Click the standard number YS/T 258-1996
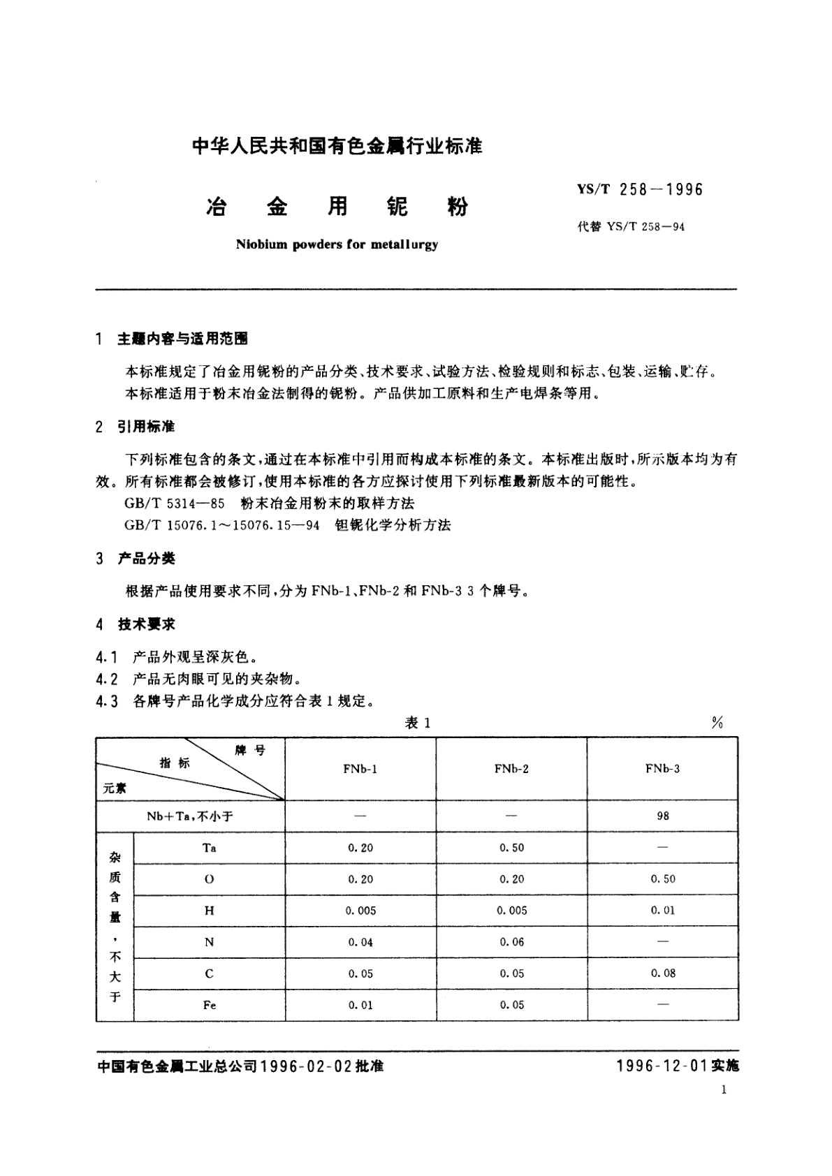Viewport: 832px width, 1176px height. [640, 189]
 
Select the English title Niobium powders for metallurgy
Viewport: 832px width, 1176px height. [337, 245]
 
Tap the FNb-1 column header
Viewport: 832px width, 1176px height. [360, 769]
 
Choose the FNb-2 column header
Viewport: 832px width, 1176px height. [511, 769]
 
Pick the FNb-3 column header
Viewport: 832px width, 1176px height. [662, 769]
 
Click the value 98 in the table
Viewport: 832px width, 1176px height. [663, 816]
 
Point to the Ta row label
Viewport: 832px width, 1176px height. [209, 848]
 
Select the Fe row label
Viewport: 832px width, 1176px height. [209, 1005]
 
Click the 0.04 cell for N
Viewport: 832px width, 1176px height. [360, 942]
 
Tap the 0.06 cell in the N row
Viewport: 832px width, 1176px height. [511, 942]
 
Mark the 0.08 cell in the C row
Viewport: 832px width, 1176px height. [663, 973]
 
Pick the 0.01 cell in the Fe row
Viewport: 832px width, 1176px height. [360, 1005]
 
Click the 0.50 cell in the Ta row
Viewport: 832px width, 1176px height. [511, 848]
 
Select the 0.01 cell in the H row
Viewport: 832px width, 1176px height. [663, 911]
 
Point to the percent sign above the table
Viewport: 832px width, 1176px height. [717, 723]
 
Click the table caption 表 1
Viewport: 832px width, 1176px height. [418, 723]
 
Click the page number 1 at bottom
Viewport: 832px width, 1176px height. [724, 1090]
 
